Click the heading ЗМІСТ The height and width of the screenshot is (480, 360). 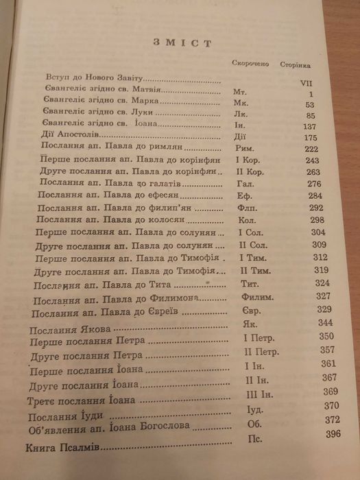pyautogui.click(x=185, y=43)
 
